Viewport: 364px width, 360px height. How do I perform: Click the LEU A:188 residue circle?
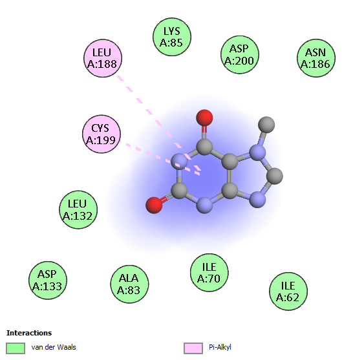[103, 58]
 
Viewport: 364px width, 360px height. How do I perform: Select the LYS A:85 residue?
[172, 37]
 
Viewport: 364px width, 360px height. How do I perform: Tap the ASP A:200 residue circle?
[240, 54]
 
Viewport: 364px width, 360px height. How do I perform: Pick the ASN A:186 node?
[316, 58]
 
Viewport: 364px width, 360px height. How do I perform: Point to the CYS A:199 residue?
[102, 134]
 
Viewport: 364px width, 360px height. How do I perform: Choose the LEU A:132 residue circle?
[78, 209]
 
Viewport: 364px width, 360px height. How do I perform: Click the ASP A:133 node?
[48, 280]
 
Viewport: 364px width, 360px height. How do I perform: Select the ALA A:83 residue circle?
[129, 284]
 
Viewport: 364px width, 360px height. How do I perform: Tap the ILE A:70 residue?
[209, 273]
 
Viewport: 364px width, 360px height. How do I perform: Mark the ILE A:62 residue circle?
[288, 291]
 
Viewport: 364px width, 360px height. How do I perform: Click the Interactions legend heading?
[29, 333]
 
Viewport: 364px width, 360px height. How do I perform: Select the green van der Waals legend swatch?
[16, 348]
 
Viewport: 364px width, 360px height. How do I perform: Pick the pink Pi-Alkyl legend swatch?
[193, 348]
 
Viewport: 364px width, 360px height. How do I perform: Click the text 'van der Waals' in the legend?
[54, 347]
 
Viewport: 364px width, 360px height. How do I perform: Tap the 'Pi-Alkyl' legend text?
[220, 348]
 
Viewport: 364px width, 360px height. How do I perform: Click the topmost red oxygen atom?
[204, 118]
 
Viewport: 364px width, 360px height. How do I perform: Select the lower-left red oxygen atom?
[154, 205]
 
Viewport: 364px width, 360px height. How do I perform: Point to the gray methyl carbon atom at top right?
[266, 125]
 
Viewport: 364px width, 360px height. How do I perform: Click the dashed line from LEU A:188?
[159, 123]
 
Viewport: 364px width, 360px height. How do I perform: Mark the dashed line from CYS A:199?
[160, 158]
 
